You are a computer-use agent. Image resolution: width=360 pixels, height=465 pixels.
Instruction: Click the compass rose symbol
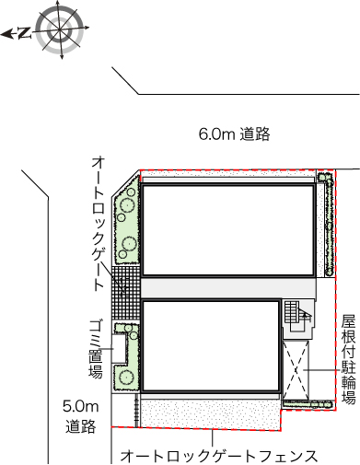[60, 29]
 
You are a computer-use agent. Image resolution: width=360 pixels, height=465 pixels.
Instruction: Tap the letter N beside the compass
[25, 33]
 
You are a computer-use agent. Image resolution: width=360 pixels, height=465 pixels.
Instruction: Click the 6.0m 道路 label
[234, 134]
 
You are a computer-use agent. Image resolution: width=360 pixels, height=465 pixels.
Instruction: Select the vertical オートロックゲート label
[99, 224]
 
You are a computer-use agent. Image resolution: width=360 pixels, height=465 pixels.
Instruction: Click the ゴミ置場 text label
[96, 349]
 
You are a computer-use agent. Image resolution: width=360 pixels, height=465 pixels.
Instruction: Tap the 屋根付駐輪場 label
[349, 358]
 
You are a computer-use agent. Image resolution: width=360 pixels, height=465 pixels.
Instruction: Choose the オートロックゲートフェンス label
[219, 456]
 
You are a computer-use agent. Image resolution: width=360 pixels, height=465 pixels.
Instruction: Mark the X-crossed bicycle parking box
[296, 370]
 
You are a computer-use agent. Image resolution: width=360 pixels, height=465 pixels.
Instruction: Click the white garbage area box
[119, 349]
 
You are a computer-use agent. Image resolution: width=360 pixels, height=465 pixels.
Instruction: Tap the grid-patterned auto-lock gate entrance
[125, 293]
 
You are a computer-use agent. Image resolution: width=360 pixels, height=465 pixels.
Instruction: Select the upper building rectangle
[228, 230]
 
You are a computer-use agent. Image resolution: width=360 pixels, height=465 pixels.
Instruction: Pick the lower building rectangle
[211, 347]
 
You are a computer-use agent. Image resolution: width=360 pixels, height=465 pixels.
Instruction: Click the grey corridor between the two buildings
[228, 288]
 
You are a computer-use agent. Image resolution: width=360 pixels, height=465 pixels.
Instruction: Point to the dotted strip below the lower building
[211, 413]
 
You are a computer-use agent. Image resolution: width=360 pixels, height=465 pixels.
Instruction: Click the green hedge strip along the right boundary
[329, 225]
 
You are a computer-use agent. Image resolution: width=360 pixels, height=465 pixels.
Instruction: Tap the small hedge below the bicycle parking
[308, 404]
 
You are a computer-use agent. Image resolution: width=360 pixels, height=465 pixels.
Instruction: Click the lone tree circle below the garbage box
[125, 377]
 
